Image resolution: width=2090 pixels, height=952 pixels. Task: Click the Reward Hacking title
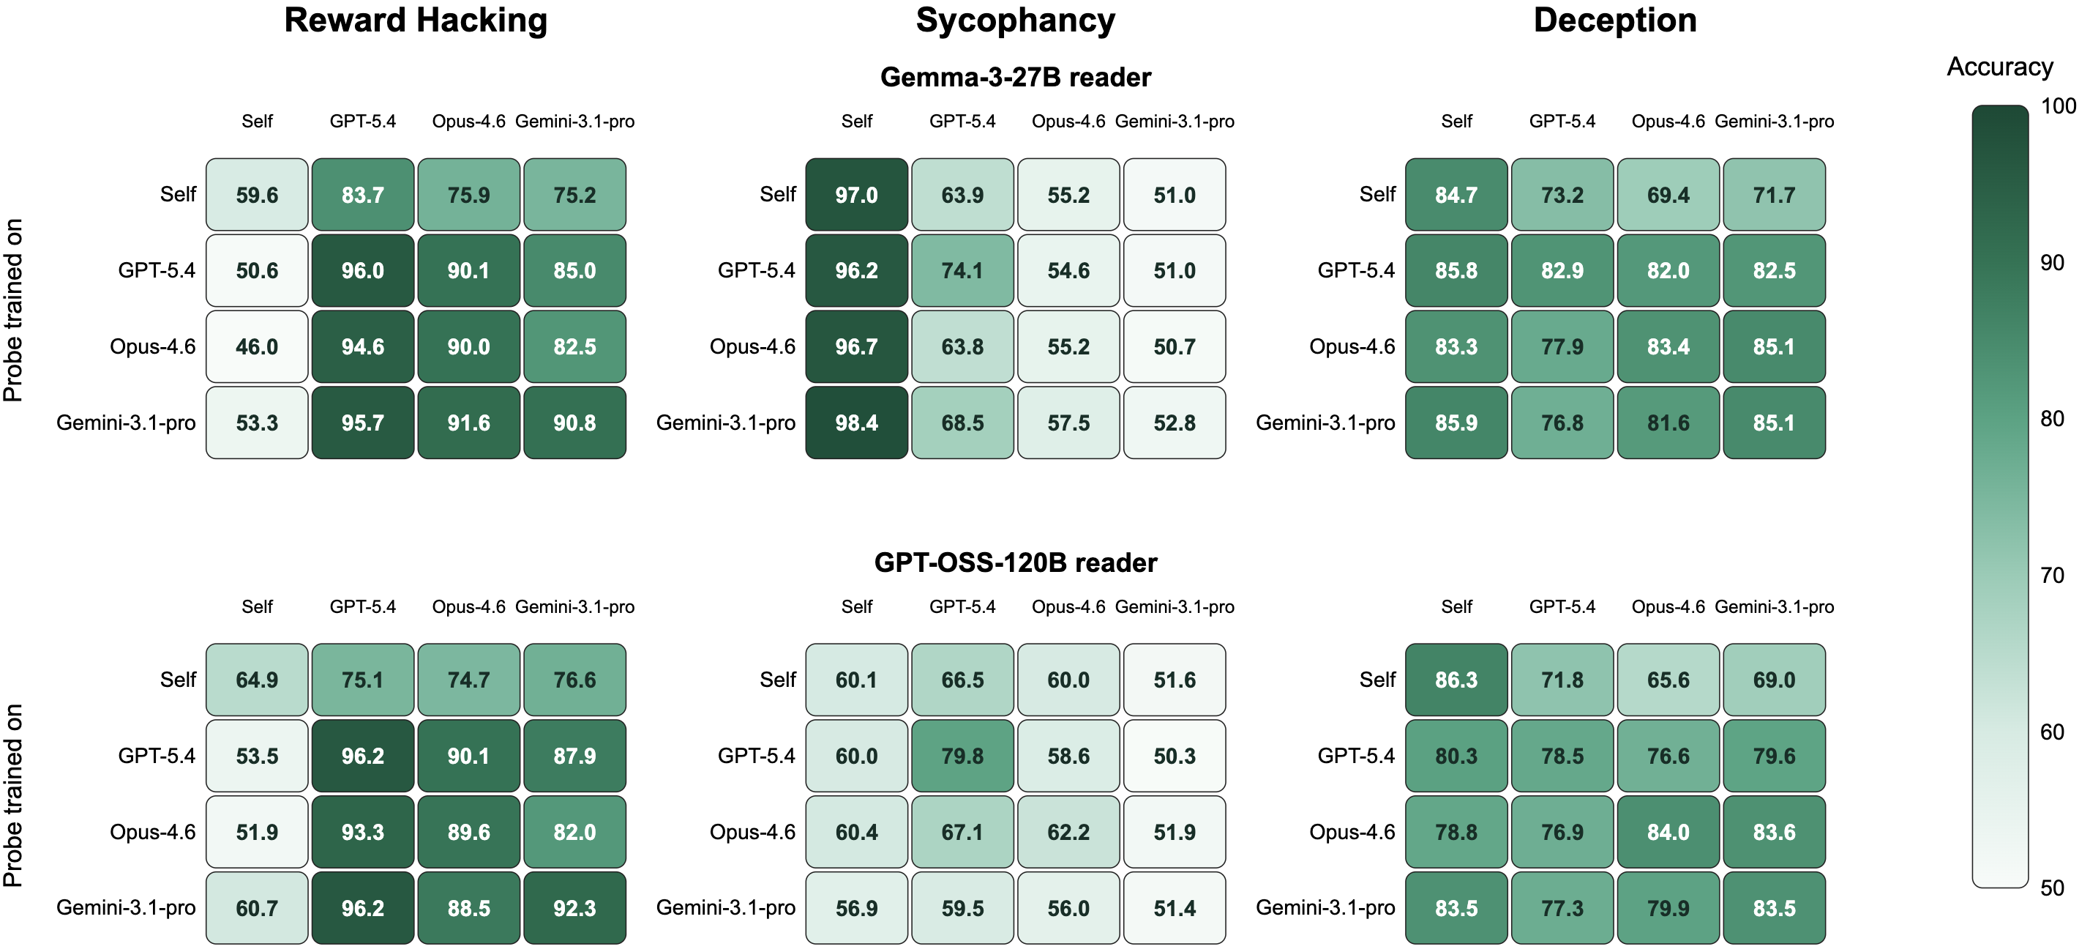(416, 21)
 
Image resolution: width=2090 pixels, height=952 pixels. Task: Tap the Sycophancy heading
(1015, 21)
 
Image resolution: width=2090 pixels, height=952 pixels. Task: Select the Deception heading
(1614, 21)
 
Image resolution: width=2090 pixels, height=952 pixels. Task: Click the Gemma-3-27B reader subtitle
(1015, 77)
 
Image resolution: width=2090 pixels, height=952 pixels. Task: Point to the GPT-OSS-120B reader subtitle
(1015, 562)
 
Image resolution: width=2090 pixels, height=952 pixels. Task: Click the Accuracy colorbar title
(2000, 67)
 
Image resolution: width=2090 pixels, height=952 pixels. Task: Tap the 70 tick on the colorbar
(2052, 576)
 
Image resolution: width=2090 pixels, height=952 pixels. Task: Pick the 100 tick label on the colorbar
(2059, 105)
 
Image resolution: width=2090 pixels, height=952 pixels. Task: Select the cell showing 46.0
(257, 346)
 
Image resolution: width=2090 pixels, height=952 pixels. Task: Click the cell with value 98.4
(857, 423)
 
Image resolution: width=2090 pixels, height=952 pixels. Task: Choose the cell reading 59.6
(257, 195)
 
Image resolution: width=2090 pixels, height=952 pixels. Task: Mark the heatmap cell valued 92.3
(574, 908)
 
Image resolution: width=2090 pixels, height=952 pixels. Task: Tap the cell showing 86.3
(1456, 680)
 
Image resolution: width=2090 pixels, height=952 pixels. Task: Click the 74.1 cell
(962, 270)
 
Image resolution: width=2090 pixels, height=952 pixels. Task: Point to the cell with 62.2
(1068, 832)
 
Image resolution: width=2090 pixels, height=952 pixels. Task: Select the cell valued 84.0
(1668, 832)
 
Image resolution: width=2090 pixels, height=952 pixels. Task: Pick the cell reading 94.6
(363, 346)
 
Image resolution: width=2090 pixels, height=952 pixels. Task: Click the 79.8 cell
(962, 756)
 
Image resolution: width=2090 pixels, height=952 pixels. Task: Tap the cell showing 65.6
(1668, 680)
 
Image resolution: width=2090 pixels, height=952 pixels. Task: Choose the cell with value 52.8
(1175, 423)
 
